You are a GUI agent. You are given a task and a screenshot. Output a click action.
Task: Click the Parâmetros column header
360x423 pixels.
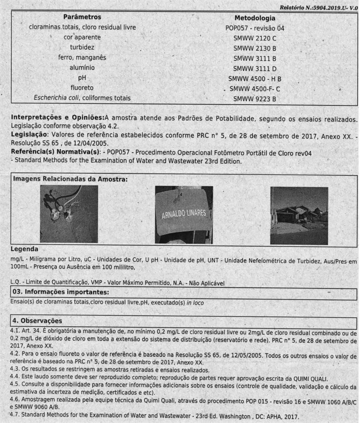coord(82,17)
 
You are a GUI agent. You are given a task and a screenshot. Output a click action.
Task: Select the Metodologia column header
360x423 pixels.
coord(255,18)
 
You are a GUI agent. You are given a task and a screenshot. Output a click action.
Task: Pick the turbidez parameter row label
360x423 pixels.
coord(82,47)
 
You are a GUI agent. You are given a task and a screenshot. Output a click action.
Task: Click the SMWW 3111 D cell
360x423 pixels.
coord(255,68)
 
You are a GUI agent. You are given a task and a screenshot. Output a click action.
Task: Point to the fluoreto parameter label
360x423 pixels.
coord(82,88)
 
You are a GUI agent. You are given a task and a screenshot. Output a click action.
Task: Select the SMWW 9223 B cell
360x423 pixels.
coord(255,99)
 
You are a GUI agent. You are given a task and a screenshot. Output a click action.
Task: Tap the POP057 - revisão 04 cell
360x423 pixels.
coord(255,28)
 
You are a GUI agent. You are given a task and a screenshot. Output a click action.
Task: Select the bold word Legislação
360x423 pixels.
coord(29,134)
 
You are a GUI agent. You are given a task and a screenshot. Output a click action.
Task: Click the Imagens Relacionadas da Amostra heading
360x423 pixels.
coord(70,179)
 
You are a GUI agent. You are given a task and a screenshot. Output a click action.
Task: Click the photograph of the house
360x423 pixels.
coord(299,215)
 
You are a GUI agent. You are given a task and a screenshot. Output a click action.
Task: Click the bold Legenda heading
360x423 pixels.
coord(24,250)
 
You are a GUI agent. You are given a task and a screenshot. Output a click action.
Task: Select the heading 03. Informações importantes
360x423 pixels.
coord(60,292)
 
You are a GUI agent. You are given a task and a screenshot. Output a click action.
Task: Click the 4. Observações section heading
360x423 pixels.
coord(37,321)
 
